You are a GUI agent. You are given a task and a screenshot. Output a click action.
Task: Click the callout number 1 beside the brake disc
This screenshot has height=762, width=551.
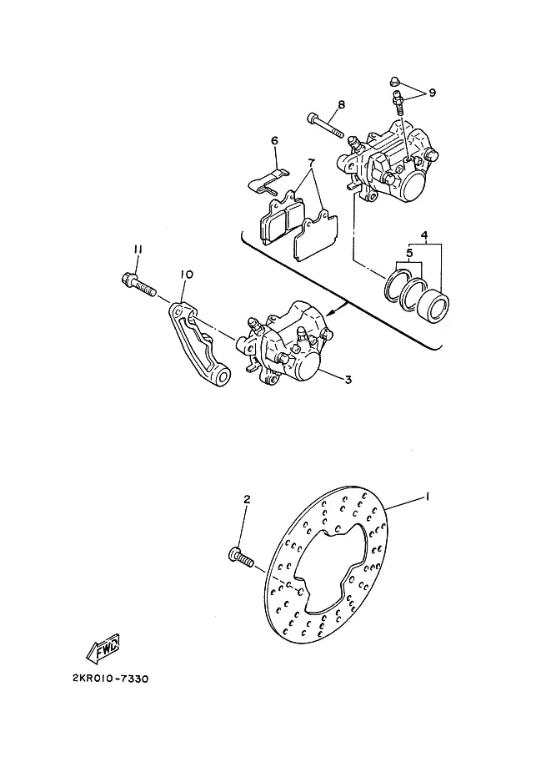pyautogui.click(x=427, y=496)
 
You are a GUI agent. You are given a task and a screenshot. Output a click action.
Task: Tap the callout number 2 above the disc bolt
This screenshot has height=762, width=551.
pyautogui.click(x=247, y=499)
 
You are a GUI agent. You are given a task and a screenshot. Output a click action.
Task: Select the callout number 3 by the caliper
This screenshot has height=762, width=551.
pyautogui.click(x=348, y=380)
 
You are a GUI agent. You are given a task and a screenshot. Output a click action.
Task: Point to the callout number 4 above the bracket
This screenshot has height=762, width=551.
pyautogui.click(x=424, y=235)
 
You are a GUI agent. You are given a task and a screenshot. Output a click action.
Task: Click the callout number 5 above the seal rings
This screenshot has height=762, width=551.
pyautogui.click(x=409, y=253)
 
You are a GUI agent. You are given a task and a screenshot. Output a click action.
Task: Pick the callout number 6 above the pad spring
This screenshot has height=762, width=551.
pyautogui.click(x=275, y=141)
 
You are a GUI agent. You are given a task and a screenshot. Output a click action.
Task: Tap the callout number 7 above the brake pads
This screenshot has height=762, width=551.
pyautogui.click(x=311, y=162)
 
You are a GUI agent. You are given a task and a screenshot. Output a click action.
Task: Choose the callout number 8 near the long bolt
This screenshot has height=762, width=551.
pyautogui.click(x=341, y=104)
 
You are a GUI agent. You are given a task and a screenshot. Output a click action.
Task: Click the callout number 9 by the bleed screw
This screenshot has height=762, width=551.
pyautogui.click(x=432, y=93)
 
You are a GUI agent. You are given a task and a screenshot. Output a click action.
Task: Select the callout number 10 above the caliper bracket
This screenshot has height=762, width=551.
pyautogui.click(x=187, y=275)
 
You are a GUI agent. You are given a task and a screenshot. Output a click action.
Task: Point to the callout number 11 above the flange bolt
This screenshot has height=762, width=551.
pyautogui.click(x=138, y=250)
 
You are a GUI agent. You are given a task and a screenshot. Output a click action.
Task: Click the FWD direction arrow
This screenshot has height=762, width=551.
pyautogui.click(x=103, y=649)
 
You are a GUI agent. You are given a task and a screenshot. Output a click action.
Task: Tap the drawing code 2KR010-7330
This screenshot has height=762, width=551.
pyautogui.click(x=111, y=679)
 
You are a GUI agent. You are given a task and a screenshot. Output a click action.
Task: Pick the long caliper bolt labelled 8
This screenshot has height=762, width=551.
pyautogui.click(x=325, y=125)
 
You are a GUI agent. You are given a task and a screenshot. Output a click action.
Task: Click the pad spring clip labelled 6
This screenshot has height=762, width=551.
pyautogui.click(x=268, y=181)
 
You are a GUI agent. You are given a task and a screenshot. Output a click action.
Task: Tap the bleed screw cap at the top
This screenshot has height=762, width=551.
pyautogui.click(x=395, y=81)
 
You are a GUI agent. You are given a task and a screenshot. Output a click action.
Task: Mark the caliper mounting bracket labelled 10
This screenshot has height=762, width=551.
pyautogui.click(x=198, y=343)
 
